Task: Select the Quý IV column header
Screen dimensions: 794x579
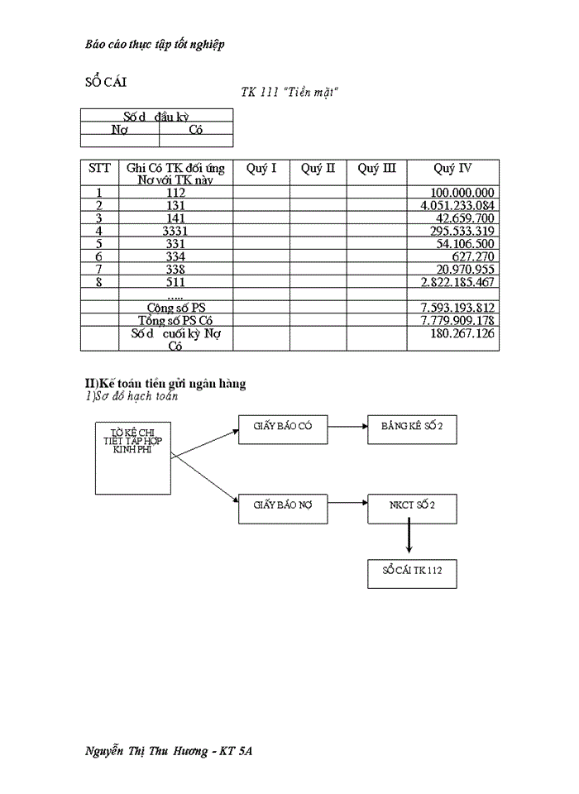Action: tap(452, 169)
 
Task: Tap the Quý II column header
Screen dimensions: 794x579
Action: tap(318, 169)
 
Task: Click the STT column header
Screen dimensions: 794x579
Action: tap(99, 169)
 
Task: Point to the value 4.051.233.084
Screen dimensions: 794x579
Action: tap(457, 205)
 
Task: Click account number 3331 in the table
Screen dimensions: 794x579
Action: tap(175, 231)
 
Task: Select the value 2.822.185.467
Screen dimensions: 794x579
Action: tap(457, 282)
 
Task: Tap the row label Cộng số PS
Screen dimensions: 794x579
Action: tap(175, 308)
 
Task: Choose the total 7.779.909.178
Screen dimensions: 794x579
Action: tap(457, 320)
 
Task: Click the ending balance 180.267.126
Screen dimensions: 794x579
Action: tap(462, 333)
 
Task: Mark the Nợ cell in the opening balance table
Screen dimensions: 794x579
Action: tap(120, 130)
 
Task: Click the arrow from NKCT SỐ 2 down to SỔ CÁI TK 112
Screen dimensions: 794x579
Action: tap(409, 541)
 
